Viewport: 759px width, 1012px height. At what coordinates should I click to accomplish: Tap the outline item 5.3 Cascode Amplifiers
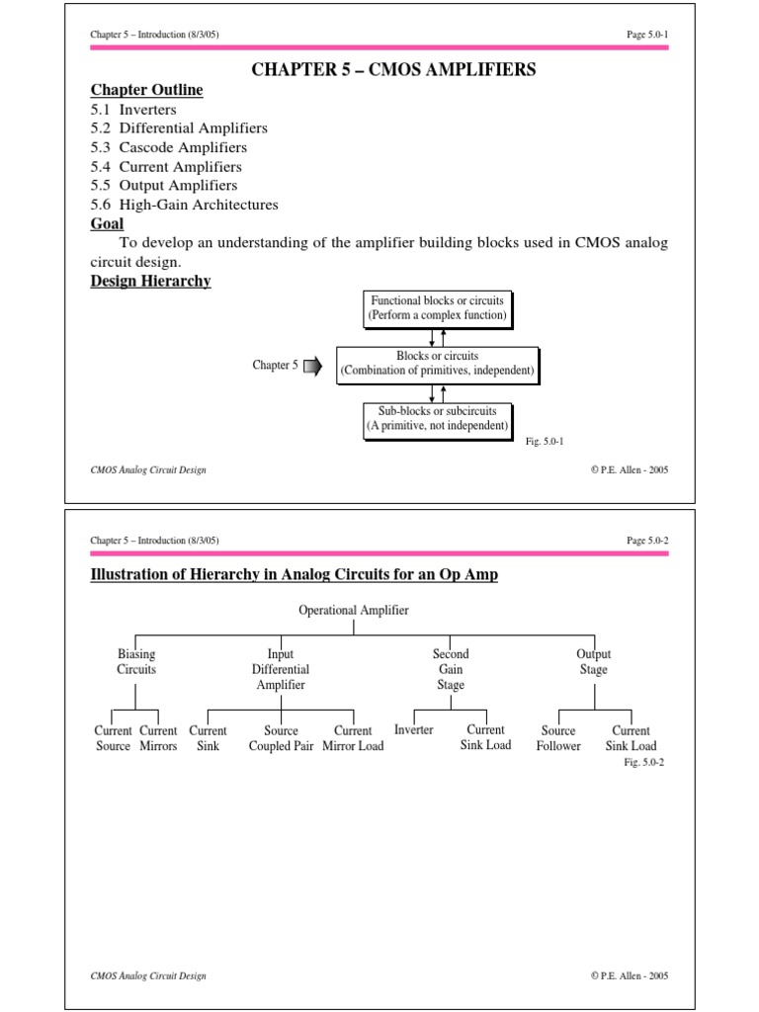click(x=168, y=148)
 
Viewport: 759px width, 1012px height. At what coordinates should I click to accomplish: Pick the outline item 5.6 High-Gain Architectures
click(x=184, y=206)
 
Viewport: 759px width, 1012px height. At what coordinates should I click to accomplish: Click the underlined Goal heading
click(x=107, y=224)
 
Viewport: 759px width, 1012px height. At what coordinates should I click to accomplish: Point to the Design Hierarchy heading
click(x=150, y=282)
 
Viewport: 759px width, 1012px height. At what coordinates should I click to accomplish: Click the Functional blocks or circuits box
click(x=437, y=308)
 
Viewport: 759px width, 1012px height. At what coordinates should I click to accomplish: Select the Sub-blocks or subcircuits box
click(x=437, y=419)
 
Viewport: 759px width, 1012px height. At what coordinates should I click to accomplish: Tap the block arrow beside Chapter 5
click(x=312, y=367)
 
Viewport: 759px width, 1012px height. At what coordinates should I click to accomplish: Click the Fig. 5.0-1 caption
click(x=545, y=443)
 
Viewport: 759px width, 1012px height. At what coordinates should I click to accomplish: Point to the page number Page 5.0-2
click(x=647, y=541)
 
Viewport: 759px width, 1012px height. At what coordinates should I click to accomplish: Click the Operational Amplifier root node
click(x=354, y=611)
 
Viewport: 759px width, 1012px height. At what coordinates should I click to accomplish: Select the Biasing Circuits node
click(x=136, y=662)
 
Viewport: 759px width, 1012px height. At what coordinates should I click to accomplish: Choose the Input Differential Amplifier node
click(x=281, y=669)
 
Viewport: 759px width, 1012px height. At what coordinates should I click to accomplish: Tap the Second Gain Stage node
click(x=451, y=669)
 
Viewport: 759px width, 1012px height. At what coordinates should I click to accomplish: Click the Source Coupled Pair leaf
click(x=282, y=739)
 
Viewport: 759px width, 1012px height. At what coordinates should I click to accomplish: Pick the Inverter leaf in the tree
click(x=414, y=730)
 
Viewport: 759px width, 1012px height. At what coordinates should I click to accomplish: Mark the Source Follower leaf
click(x=558, y=739)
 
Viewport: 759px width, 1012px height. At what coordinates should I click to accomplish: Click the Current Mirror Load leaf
click(x=353, y=739)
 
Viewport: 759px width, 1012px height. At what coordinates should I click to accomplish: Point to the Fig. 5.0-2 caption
click(x=643, y=763)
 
